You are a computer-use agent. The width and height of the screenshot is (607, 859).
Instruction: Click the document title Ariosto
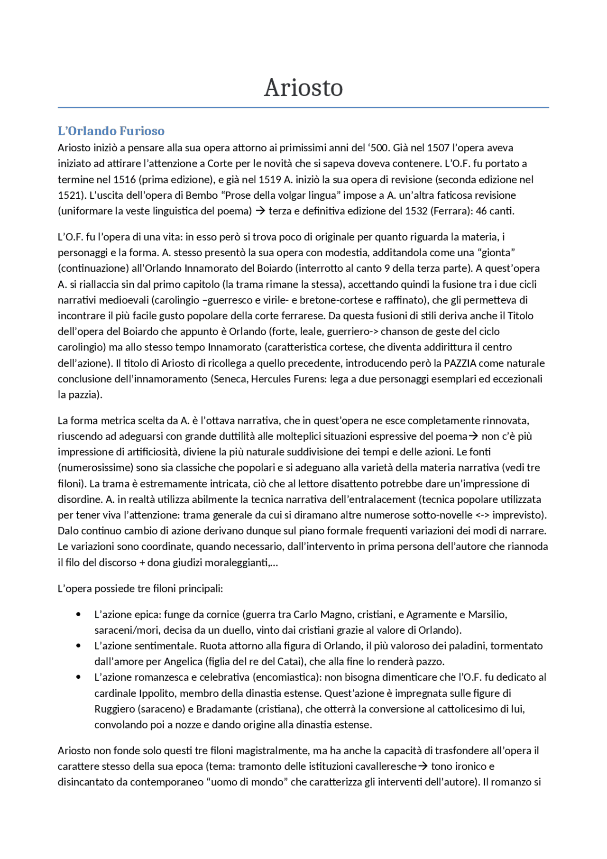click(303, 88)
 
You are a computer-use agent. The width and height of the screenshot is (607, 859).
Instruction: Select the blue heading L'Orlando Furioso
click(111, 131)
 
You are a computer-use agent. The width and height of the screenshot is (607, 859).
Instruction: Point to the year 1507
click(438, 148)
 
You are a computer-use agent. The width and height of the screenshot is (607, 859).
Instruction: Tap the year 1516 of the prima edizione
click(125, 180)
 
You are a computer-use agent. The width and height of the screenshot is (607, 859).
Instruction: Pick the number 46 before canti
click(481, 211)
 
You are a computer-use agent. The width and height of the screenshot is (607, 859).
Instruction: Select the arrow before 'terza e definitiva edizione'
click(260, 211)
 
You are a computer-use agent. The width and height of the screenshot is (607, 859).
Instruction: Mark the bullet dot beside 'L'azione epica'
click(78, 615)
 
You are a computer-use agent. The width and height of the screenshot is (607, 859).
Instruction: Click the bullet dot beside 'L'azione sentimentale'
click(78, 646)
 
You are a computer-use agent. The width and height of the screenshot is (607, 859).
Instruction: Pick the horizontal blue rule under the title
click(303, 108)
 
